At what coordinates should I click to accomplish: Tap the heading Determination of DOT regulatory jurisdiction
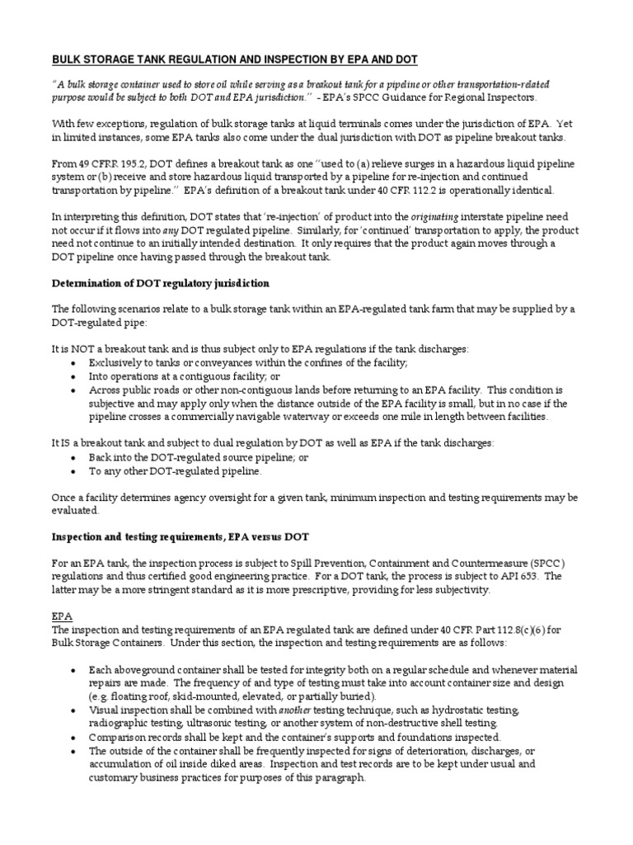161,283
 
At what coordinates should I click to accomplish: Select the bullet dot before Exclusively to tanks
75,363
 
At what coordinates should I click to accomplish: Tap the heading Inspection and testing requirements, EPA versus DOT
181,537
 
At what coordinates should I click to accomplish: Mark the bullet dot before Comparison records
75,737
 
